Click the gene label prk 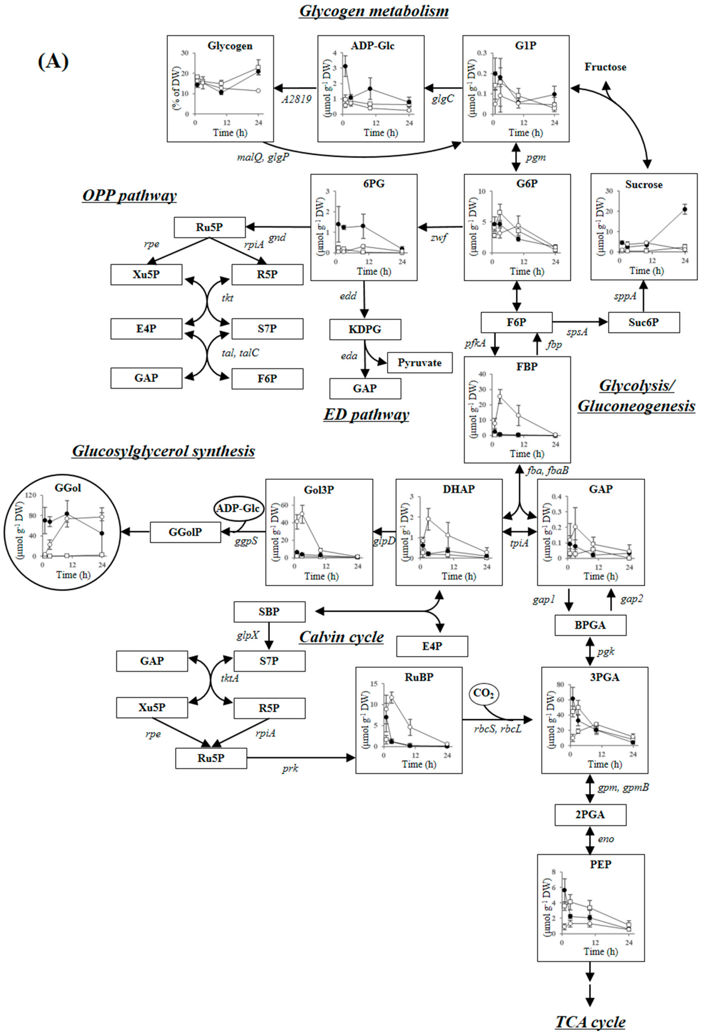(290, 768)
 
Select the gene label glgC (443, 99)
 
